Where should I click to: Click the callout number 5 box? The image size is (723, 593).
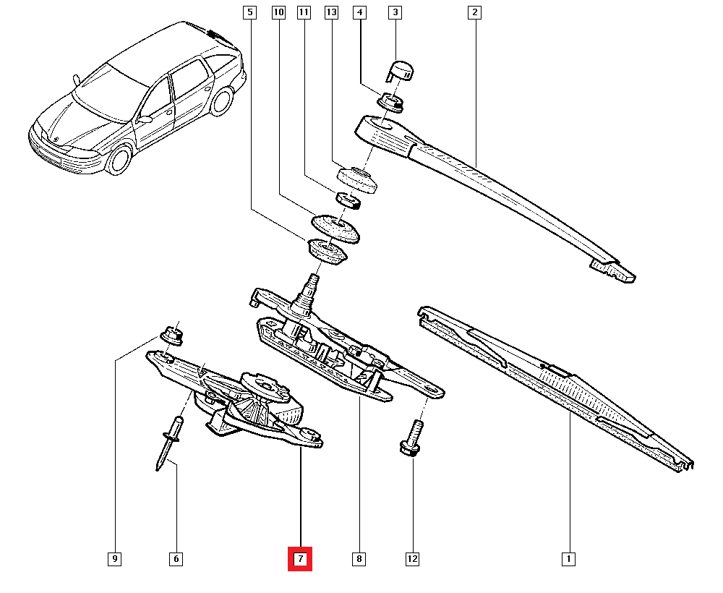click(x=249, y=12)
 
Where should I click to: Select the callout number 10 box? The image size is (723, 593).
click(x=278, y=12)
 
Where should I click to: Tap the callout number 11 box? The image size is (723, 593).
click(x=304, y=12)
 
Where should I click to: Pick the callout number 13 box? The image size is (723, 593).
click(x=331, y=12)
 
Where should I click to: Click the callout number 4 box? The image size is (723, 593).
click(x=360, y=12)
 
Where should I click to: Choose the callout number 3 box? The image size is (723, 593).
click(x=394, y=12)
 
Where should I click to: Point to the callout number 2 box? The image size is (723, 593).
click(x=474, y=12)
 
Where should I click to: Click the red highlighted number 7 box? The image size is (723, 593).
click(x=300, y=559)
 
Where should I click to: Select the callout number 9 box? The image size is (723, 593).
click(x=115, y=559)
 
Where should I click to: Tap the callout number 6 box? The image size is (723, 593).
click(x=175, y=559)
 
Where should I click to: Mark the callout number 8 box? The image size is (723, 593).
click(x=359, y=559)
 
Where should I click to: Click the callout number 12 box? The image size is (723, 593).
click(x=412, y=559)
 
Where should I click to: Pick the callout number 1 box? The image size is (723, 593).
click(x=569, y=559)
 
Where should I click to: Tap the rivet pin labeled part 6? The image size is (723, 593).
click(x=167, y=445)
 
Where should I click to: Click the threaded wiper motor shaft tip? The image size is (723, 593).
click(x=314, y=279)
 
